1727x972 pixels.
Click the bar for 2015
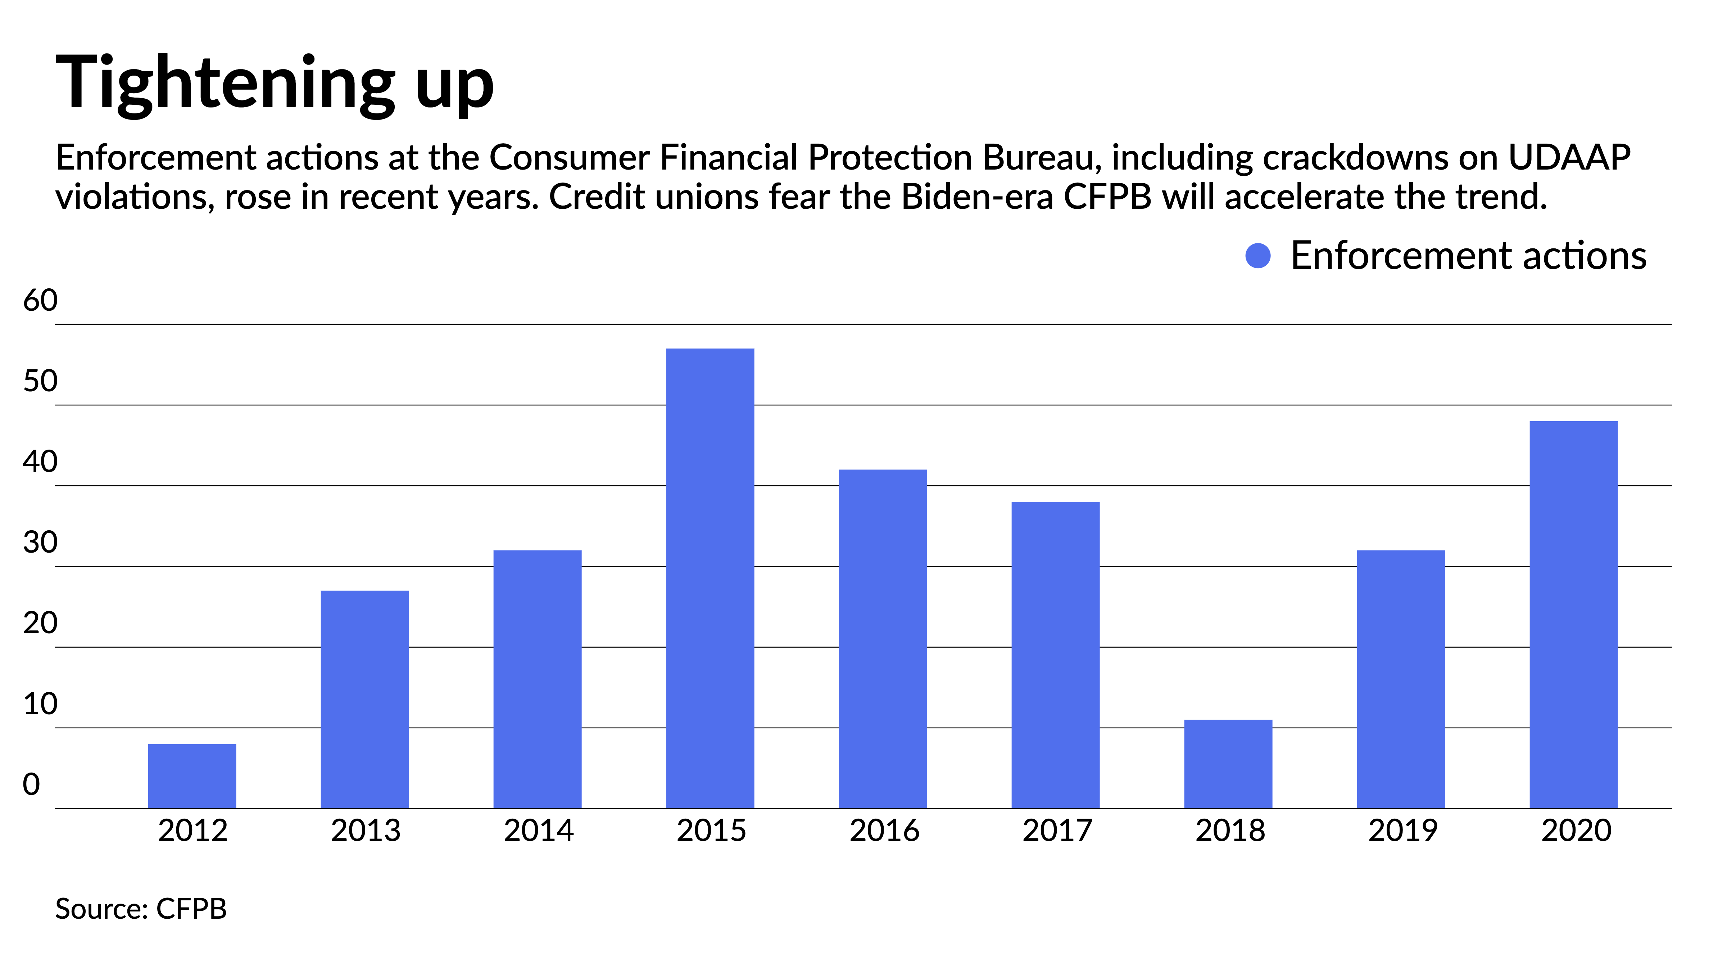pyautogui.click(x=710, y=578)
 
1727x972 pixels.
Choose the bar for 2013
pyautogui.click(x=365, y=699)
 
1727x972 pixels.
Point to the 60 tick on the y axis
pyautogui.click(x=40, y=301)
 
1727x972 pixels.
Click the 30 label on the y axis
pyautogui.click(x=40, y=543)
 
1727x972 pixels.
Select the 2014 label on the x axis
pyautogui.click(x=538, y=831)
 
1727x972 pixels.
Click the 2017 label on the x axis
pyautogui.click(x=1057, y=831)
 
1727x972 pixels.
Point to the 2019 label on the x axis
pyautogui.click(x=1402, y=831)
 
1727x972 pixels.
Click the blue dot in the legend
pyautogui.click(x=1258, y=256)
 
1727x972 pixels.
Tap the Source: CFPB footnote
pyautogui.click(x=141, y=909)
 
